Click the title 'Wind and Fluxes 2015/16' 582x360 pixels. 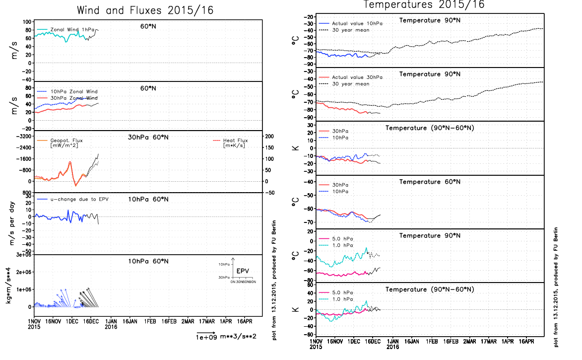[x=145, y=10]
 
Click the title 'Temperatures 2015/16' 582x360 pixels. [x=424, y=4]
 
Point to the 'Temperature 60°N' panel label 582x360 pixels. [x=430, y=182]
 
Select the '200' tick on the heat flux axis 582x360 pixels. [x=270, y=136]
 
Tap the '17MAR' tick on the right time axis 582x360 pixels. [x=489, y=342]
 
